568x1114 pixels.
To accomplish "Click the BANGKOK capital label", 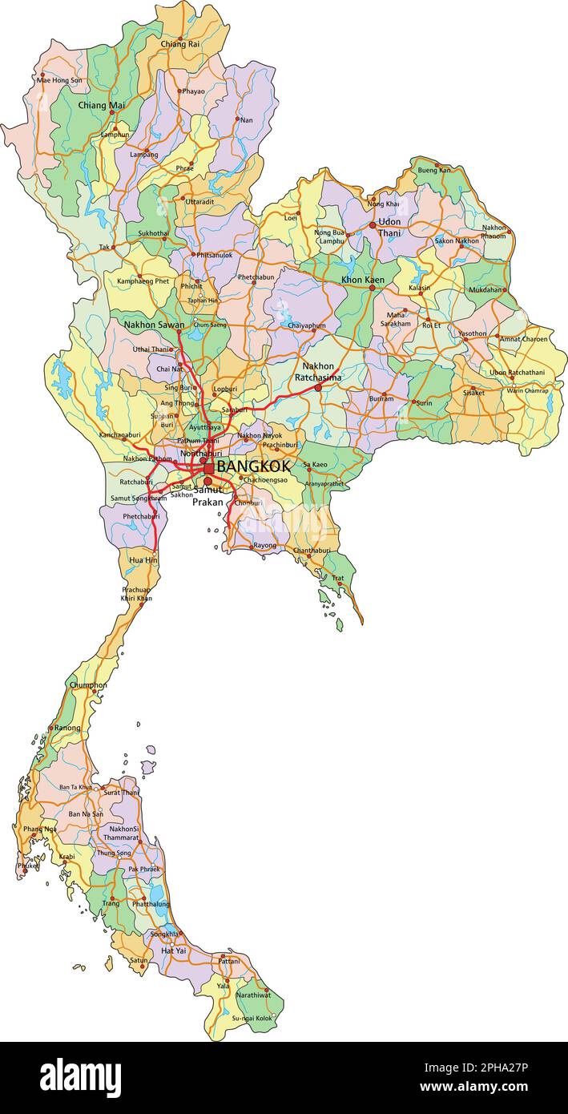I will pyautogui.click(x=253, y=466).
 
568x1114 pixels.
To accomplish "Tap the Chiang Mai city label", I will pyautogui.click(x=102, y=105).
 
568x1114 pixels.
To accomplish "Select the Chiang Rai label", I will pyautogui.click(x=180, y=45).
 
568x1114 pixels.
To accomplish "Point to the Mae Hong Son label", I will pyautogui.click(x=59, y=80).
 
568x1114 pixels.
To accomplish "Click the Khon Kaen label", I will pyautogui.click(x=363, y=280).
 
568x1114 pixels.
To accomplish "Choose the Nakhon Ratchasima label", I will pyautogui.click(x=318, y=372).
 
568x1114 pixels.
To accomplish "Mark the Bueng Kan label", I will pyautogui.click(x=434, y=170).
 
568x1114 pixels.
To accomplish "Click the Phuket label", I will pyautogui.click(x=28, y=866).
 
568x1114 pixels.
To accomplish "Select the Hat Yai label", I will pyautogui.click(x=173, y=951).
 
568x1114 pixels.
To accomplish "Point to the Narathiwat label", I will pyautogui.click(x=253, y=995).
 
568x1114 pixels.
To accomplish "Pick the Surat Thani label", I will pyautogui.click(x=121, y=793).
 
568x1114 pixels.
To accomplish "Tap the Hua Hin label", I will pyautogui.click(x=143, y=560).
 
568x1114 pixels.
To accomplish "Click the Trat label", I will pyautogui.click(x=338, y=578).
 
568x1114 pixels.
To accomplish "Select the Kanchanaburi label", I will pyautogui.click(x=120, y=435).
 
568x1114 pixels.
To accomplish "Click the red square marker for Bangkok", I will pyautogui.click(x=209, y=468).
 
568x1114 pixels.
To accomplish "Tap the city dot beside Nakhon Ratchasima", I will pyautogui.click(x=318, y=388).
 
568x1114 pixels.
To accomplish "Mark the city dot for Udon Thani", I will pyautogui.click(x=373, y=225).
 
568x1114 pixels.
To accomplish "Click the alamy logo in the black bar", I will pyautogui.click(x=81, y=1077).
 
